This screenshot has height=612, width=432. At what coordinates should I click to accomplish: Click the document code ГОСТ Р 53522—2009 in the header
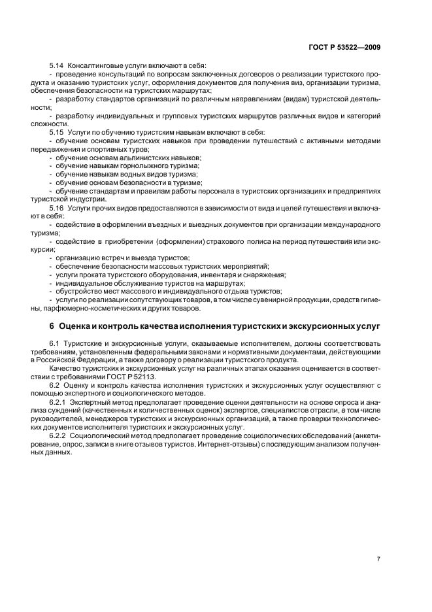pos(348,48)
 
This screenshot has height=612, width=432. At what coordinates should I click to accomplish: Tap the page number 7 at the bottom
pos(378,558)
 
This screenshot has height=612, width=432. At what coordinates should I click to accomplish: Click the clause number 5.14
pos(56,66)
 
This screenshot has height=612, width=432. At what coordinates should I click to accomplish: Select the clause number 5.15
pos(56,132)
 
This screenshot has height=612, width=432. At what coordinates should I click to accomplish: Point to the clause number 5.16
pos(56,207)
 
